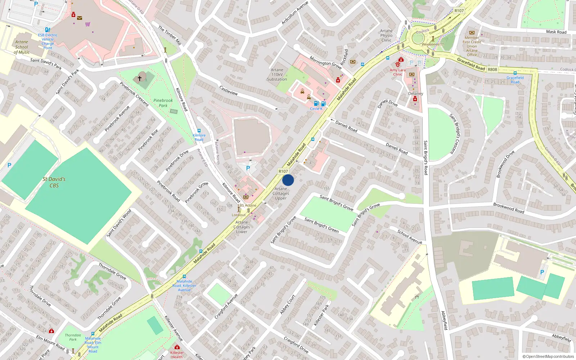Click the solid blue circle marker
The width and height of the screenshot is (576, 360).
pyautogui.click(x=288, y=180)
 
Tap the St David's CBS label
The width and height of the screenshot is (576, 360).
pyautogui.click(x=54, y=182)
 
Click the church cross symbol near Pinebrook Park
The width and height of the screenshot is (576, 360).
pyautogui.click(x=140, y=78)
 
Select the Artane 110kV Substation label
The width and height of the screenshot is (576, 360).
pyautogui.click(x=277, y=75)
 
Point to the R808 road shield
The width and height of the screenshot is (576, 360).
pyautogui.click(x=492, y=69)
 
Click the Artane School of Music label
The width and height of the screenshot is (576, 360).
pyautogui.click(x=22, y=47)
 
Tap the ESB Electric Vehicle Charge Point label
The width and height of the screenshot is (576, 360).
pyautogui.click(x=48, y=41)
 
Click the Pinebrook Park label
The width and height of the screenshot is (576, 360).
pyautogui.click(x=163, y=103)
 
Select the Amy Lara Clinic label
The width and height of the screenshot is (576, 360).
pyautogui.click(x=397, y=72)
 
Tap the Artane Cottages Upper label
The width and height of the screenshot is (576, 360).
pyautogui.click(x=281, y=193)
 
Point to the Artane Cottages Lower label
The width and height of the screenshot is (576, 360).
pyautogui.click(x=242, y=227)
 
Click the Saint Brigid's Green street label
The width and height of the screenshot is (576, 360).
pyautogui.click(x=321, y=225)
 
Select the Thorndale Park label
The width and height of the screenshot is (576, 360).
pyautogui.click(x=73, y=337)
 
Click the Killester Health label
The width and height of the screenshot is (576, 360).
pyautogui.click(x=177, y=355)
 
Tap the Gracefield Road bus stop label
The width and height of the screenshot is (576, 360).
pyautogui.click(x=515, y=80)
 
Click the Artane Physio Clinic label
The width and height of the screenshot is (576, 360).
pyautogui.click(x=386, y=35)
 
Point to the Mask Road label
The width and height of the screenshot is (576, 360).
pyautogui.click(x=556, y=32)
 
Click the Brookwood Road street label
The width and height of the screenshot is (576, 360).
pyautogui.click(x=508, y=208)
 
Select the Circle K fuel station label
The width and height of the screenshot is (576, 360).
pyautogui.click(x=316, y=109)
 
